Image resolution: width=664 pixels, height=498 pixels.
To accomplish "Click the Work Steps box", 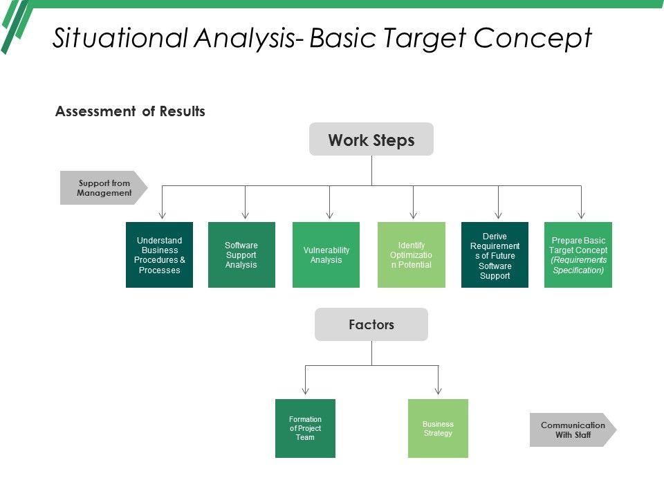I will (x=371, y=140).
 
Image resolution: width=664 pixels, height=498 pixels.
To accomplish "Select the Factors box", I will (x=371, y=324).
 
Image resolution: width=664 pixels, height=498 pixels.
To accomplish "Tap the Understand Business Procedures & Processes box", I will (x=159, y=255).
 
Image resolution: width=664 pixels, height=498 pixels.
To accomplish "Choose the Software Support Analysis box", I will (x=241, y=255).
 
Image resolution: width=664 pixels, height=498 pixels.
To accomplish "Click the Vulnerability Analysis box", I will (x=326, y=255).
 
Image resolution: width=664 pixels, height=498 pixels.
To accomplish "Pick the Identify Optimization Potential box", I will (x=411, y=255).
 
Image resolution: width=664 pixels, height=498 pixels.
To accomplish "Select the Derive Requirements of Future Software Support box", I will (x=495, y=255).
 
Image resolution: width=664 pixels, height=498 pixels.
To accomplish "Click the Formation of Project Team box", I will (x=305, y=428).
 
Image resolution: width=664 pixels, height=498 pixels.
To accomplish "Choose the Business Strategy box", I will (x=438, y=428).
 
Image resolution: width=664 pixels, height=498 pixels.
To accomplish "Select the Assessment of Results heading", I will (x=130, y=111).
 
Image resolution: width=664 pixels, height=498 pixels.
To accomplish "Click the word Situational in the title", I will (x=119, y=38).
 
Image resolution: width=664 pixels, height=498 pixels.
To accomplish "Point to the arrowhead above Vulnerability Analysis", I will (x=329, y=215).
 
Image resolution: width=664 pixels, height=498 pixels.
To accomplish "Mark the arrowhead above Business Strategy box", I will (x=438, y=391).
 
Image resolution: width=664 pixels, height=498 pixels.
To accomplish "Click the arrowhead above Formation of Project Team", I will (x=305, y=391).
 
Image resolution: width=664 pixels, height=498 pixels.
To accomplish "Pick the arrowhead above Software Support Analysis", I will (x=245, y=215).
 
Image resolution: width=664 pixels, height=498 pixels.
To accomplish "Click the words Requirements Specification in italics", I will (x=578, y=265).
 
